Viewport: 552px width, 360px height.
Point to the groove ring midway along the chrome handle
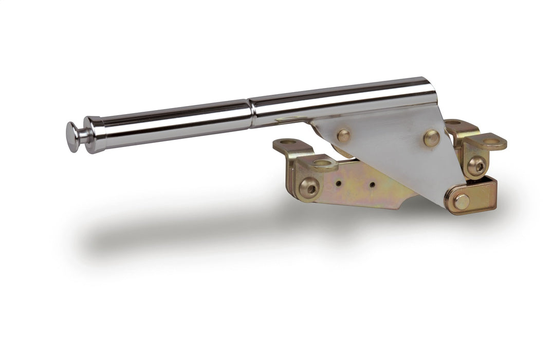tap(251, 113)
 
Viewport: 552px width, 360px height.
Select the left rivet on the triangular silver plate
tap(343, 136)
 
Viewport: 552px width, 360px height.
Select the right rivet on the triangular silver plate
tap(431, 138)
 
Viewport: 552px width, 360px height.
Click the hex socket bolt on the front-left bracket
tap(309, 188)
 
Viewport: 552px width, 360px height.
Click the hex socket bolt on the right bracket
tap(476, 166)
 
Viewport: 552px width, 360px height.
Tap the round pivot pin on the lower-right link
tap(461, 201)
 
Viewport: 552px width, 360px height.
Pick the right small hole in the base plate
tap(371, 185)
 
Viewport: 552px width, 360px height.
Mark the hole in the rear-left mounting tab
tap(288, 141)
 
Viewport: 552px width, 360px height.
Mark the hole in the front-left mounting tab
tap(322, 163)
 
